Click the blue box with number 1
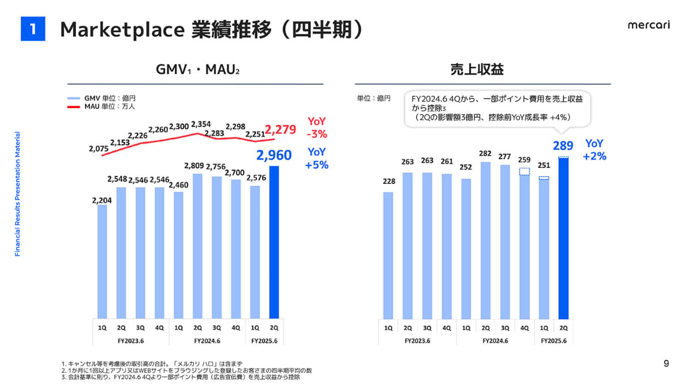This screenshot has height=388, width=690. [x=33, y=29]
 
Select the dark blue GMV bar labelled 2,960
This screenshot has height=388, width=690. [x=274, y=241]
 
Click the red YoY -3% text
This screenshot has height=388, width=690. [x=317, y=128]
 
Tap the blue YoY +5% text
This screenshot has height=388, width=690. [x=317, y=159]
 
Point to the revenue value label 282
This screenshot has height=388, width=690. [x=485, y=154]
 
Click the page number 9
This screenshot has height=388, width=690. [x=666, y=363]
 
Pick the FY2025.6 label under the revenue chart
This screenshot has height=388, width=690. [x=554, y=341]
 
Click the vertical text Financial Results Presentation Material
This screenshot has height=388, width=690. [x=18, y=194]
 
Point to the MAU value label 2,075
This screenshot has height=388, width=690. [x=99, y=148]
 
